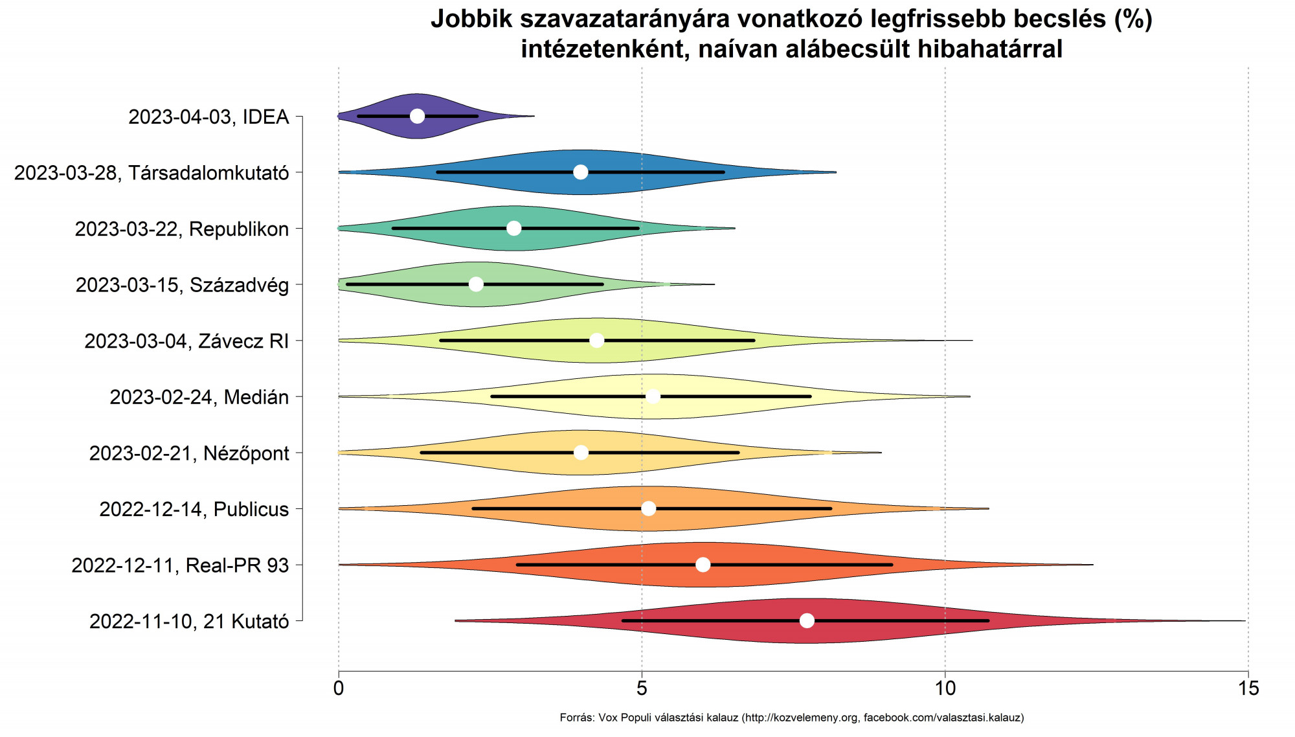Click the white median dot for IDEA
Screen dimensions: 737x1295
coord(417,116)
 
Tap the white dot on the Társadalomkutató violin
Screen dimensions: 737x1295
coord(581,172)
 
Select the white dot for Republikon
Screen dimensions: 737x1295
coord(513,228)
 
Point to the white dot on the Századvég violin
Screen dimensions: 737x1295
coord(476,284)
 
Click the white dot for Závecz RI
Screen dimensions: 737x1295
coord(597,341)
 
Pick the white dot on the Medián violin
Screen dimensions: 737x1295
coord(653,396)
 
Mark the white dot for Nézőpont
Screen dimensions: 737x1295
coord(581,453)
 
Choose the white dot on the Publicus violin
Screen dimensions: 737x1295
coord(648,508)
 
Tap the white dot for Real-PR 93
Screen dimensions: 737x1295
coord(703,565)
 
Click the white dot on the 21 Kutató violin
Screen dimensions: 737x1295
coord(807,620)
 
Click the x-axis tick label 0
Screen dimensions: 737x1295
coord(339,688)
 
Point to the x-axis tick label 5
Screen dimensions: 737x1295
coord(642,688)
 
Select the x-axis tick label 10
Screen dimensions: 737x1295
coord(945,688)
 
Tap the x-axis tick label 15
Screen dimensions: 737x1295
coord(1248,688)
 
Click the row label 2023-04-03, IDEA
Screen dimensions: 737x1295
coord(208,117)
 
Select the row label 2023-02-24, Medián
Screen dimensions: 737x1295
coord(199,397)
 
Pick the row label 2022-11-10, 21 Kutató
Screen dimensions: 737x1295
coord(189,622)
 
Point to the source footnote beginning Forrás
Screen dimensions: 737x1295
coord(791,718)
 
